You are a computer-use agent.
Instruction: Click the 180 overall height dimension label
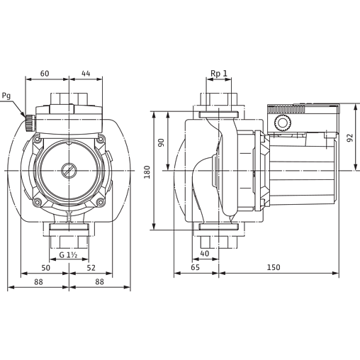pyautogui.click(x=146, y=171)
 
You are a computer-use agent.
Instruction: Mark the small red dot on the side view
pyautogui.click(x=263, y=208)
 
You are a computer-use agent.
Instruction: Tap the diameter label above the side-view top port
pyautogui.click(x=218, y=73)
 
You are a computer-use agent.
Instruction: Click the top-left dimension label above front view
pyautogui.click(x=44, y=72)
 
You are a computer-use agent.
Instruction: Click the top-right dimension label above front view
pyautogui.click(x=85, y=72)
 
